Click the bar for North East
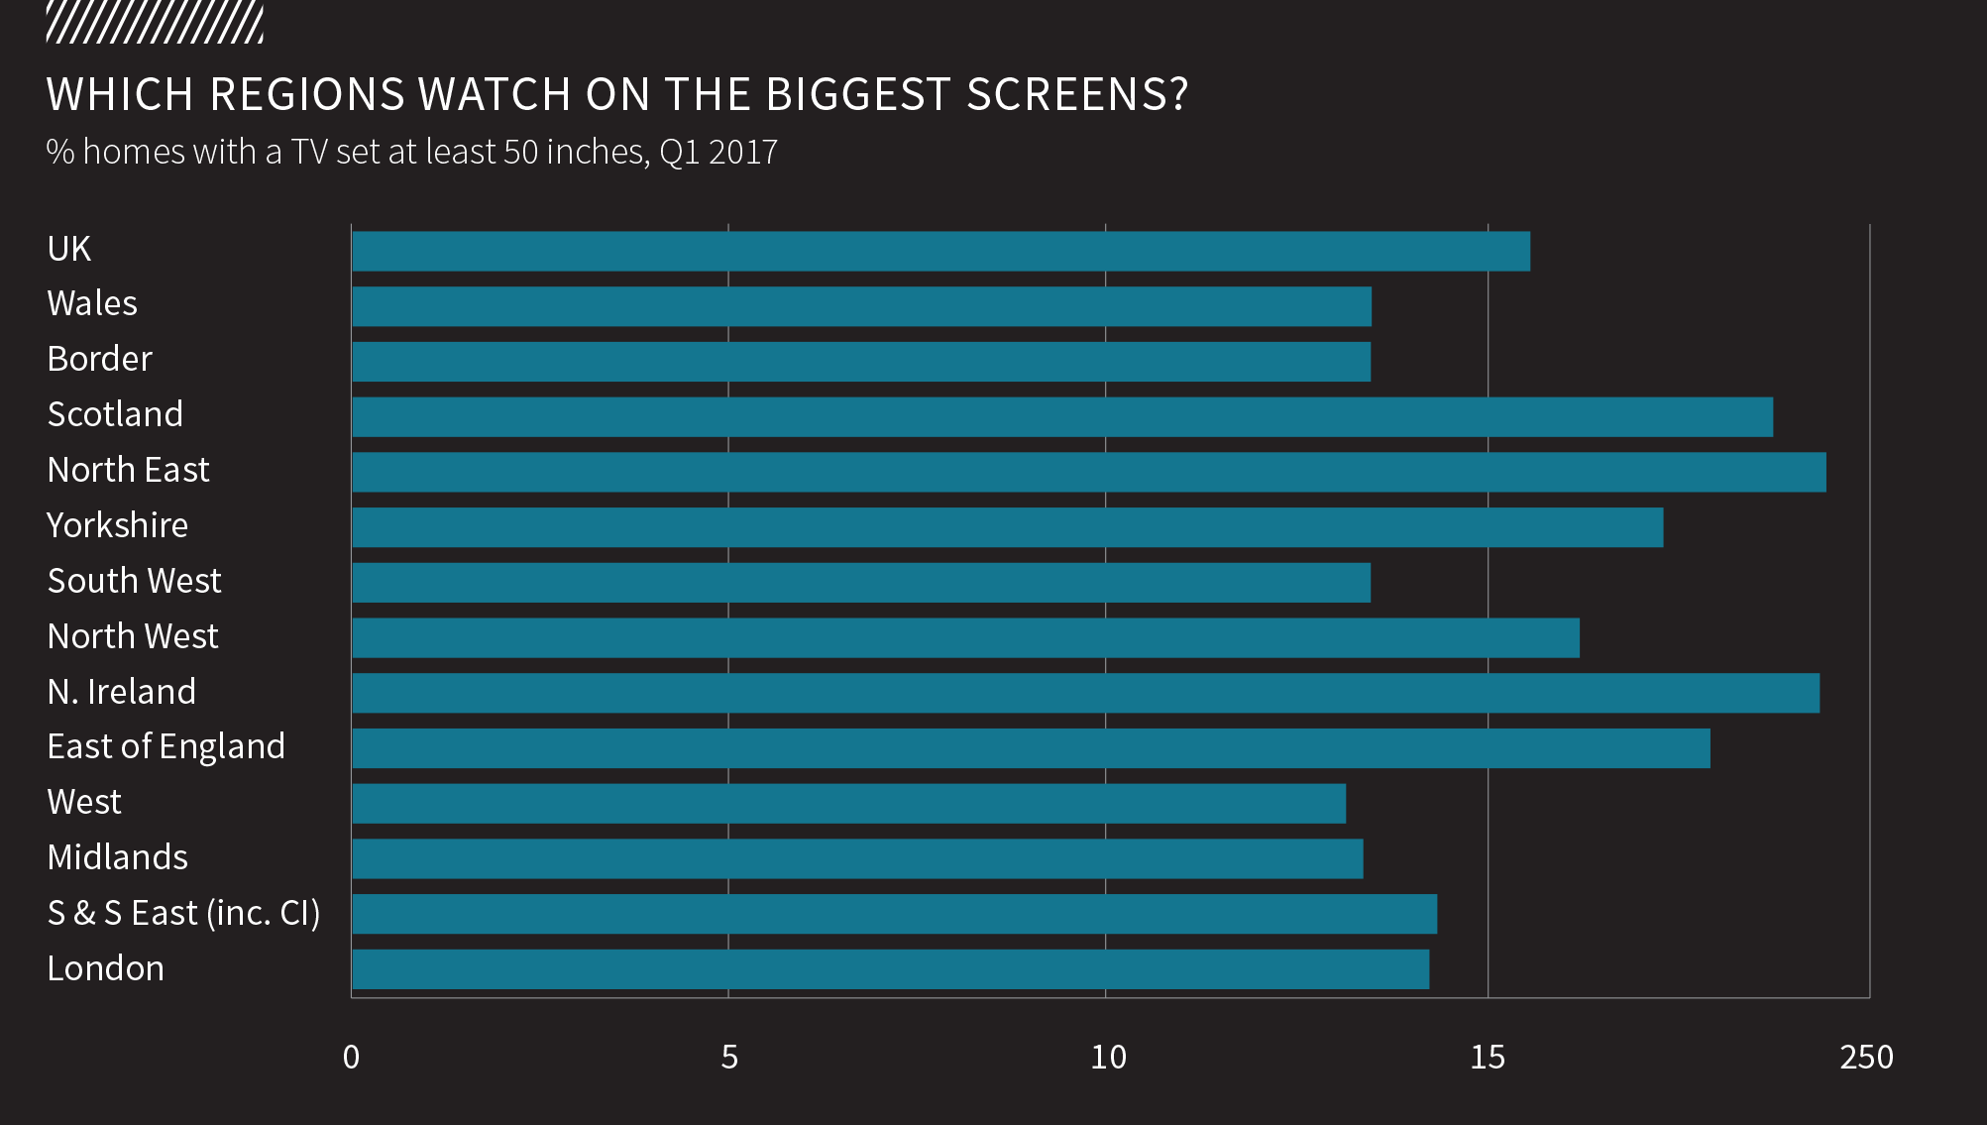click(x=1088, y=472)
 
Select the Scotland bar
click(x=1061, y=416)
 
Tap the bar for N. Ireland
click(x=1085, y=693)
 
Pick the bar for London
click(x=890, y=969)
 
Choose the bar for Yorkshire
click(x=1007, y=527)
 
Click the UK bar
click(x=940, y=251)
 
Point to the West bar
click(x=848, y=803)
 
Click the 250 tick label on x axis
click(x=1866, y=1058)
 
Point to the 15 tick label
click(x=1487, y=1058)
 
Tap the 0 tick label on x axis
click(x=351, y=1058)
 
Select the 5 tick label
click(x=729, y=1058)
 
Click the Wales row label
click(x=92, y=303)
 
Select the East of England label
click(x=166, y=746)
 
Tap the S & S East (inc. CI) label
click(x=183, y=913)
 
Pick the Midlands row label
click(x=117, y=857)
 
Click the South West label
click(x=134, y=581)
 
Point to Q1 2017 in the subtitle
click(x=718, y=153)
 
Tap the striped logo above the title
click(x=155, y=23)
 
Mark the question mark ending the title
click(x=1178, y=95)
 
